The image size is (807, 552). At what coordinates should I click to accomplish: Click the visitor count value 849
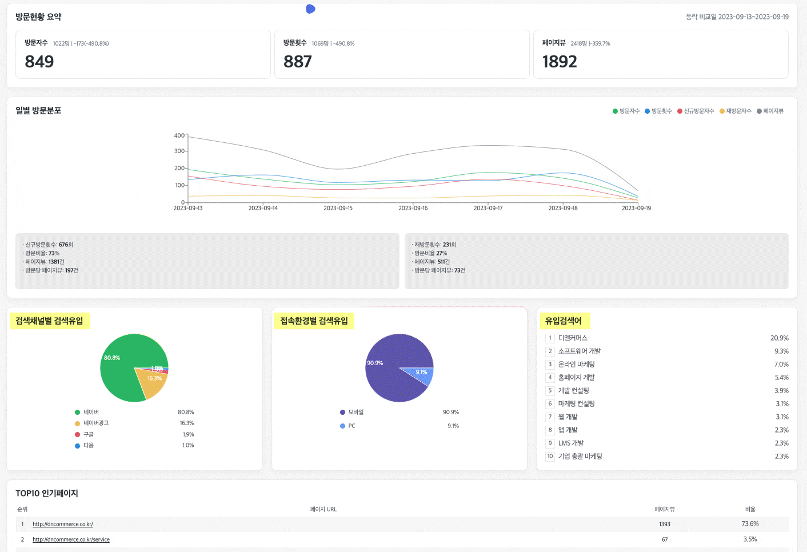pyautogui.click(x=39, y=62)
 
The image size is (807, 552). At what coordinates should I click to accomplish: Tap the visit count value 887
pyautogui.click(x=298, y=62)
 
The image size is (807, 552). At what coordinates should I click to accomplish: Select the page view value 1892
pyautogui.click(x=560, y=62)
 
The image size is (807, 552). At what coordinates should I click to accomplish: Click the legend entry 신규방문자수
pyautogui.click(x=696, y=111)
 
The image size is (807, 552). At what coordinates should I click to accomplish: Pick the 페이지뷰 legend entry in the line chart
pyautogui.click(x=770, y=111)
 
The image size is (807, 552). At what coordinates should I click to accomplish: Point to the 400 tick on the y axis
pyautogui.click(x=179, y=135)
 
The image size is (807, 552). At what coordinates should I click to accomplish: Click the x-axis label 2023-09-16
pyautogui.click(x=413, y=208)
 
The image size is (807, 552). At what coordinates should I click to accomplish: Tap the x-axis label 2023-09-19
pyautogui.click(x=636, y=208)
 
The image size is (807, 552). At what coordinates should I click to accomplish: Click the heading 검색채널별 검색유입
pyautogui.click(x=49, y=321)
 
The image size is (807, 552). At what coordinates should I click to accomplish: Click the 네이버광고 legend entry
pyautogui.click(x=95, y=423)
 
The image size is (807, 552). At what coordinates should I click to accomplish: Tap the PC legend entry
pyautogui.click(x=351, y=426)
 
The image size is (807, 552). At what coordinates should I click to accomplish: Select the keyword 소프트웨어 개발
pyautogui.click(x=579, y=351)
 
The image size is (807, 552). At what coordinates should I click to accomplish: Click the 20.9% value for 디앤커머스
pyautogui.click(x=779, y=338)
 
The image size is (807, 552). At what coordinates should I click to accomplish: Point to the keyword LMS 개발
pyautogui.click(x=570, y=443)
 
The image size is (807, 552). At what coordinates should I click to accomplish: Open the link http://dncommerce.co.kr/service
pyautogui.click(x=71, y=539)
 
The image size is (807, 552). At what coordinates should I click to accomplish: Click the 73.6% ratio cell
pyautogui.click(x=750, y=524)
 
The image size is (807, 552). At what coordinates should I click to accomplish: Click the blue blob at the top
pyautogui.click(x=310, y=9)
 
